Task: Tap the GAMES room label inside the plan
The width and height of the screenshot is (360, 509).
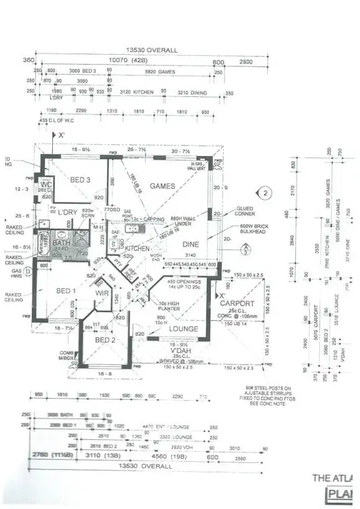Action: (162, 186)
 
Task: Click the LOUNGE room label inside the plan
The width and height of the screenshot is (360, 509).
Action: (184, 329)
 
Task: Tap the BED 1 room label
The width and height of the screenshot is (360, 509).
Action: (67, 291)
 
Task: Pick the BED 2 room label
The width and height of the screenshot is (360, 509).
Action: (105, 340)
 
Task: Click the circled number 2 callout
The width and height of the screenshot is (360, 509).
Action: (265, 193)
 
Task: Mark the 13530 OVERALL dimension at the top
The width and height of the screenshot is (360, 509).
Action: (152, 50)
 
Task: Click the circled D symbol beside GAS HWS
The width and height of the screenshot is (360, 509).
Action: (28, 272)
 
